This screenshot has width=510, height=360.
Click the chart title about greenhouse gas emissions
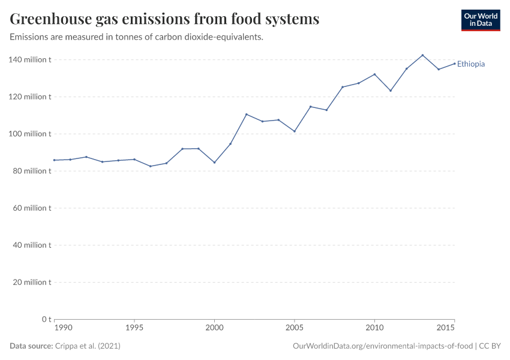(x=164, y=19)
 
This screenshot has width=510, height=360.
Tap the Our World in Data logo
(x=480, y=20)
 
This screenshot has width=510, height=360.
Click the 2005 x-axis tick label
(x=295, y=328)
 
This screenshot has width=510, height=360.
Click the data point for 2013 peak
(x=422, y=55)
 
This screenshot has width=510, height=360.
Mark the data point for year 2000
(x=214, y=163)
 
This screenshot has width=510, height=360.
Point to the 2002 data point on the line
(x=247, y=114)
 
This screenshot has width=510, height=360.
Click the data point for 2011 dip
(x=391, y=91)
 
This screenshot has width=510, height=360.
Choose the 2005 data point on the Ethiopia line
(x=295, y=131)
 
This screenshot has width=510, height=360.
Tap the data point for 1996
(x=151, y=166)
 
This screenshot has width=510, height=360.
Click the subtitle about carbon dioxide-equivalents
(x=137, y=37)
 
